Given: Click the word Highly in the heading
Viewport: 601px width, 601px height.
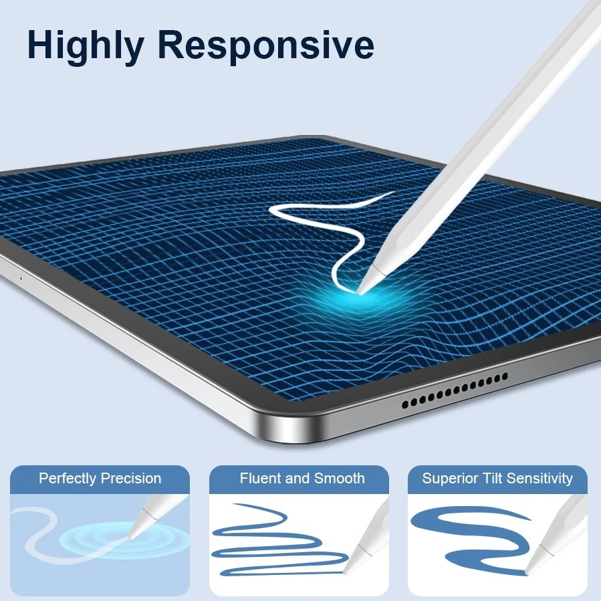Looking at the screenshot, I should click(85, 45).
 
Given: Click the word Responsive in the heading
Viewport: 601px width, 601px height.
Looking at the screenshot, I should click(265, 45).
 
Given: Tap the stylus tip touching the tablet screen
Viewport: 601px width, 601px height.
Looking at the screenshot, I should click(362, 289).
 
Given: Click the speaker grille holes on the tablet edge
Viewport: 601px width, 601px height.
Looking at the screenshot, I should click(454, 391).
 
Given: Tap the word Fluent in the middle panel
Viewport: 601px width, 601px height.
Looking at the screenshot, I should click(261, 479).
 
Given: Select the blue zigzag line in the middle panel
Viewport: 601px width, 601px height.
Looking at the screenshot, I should click(274, 542).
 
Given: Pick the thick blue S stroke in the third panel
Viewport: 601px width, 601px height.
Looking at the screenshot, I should click(468, 535).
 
